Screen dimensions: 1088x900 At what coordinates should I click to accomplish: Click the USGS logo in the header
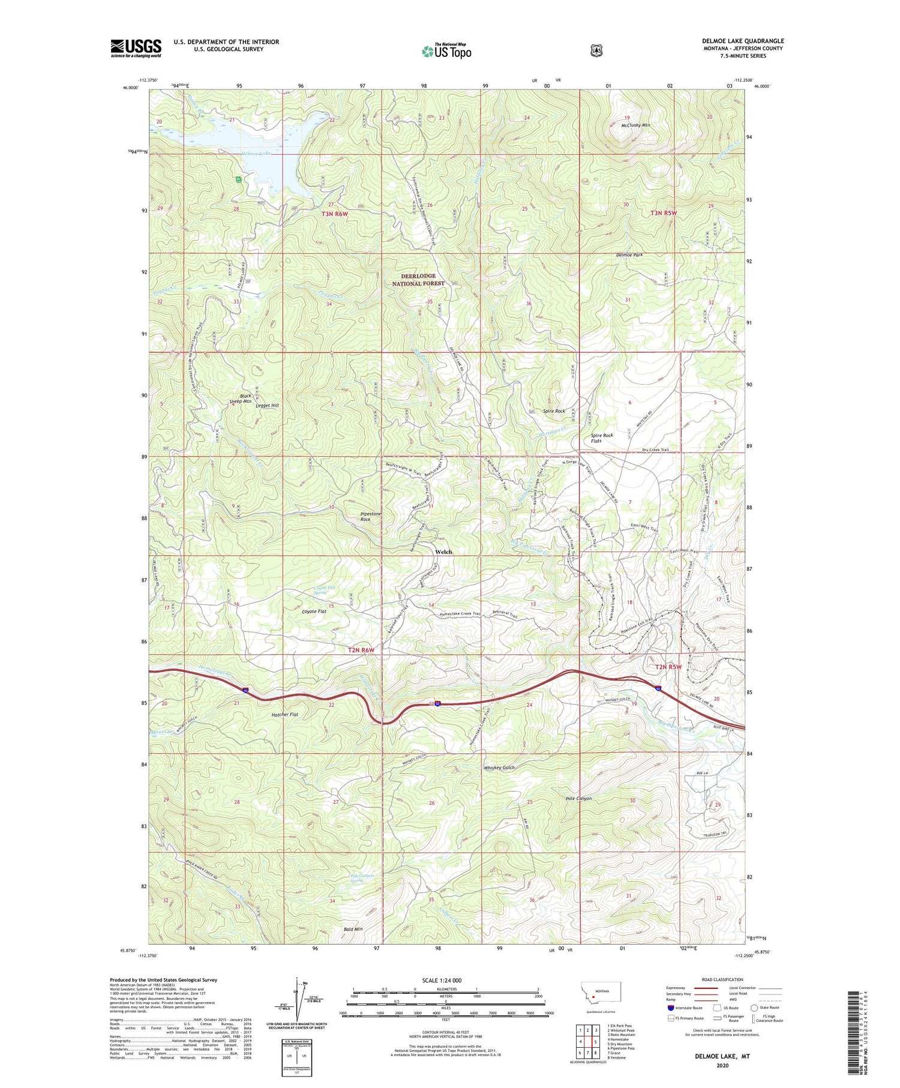136,48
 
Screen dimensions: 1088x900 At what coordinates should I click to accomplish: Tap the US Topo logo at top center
446,51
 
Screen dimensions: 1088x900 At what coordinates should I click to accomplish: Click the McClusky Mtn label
636,125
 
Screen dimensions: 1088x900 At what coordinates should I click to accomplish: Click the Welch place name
443,552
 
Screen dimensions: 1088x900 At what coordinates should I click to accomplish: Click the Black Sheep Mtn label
245,398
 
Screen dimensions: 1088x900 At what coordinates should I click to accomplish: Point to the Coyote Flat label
314,612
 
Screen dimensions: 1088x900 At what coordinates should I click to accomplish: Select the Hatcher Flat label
284,715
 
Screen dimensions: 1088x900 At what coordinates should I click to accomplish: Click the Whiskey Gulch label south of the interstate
499,768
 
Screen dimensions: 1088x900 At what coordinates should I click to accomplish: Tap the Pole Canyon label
578,799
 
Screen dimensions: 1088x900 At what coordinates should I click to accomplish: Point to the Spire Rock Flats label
602,438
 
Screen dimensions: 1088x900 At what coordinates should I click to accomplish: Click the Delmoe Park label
629,255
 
